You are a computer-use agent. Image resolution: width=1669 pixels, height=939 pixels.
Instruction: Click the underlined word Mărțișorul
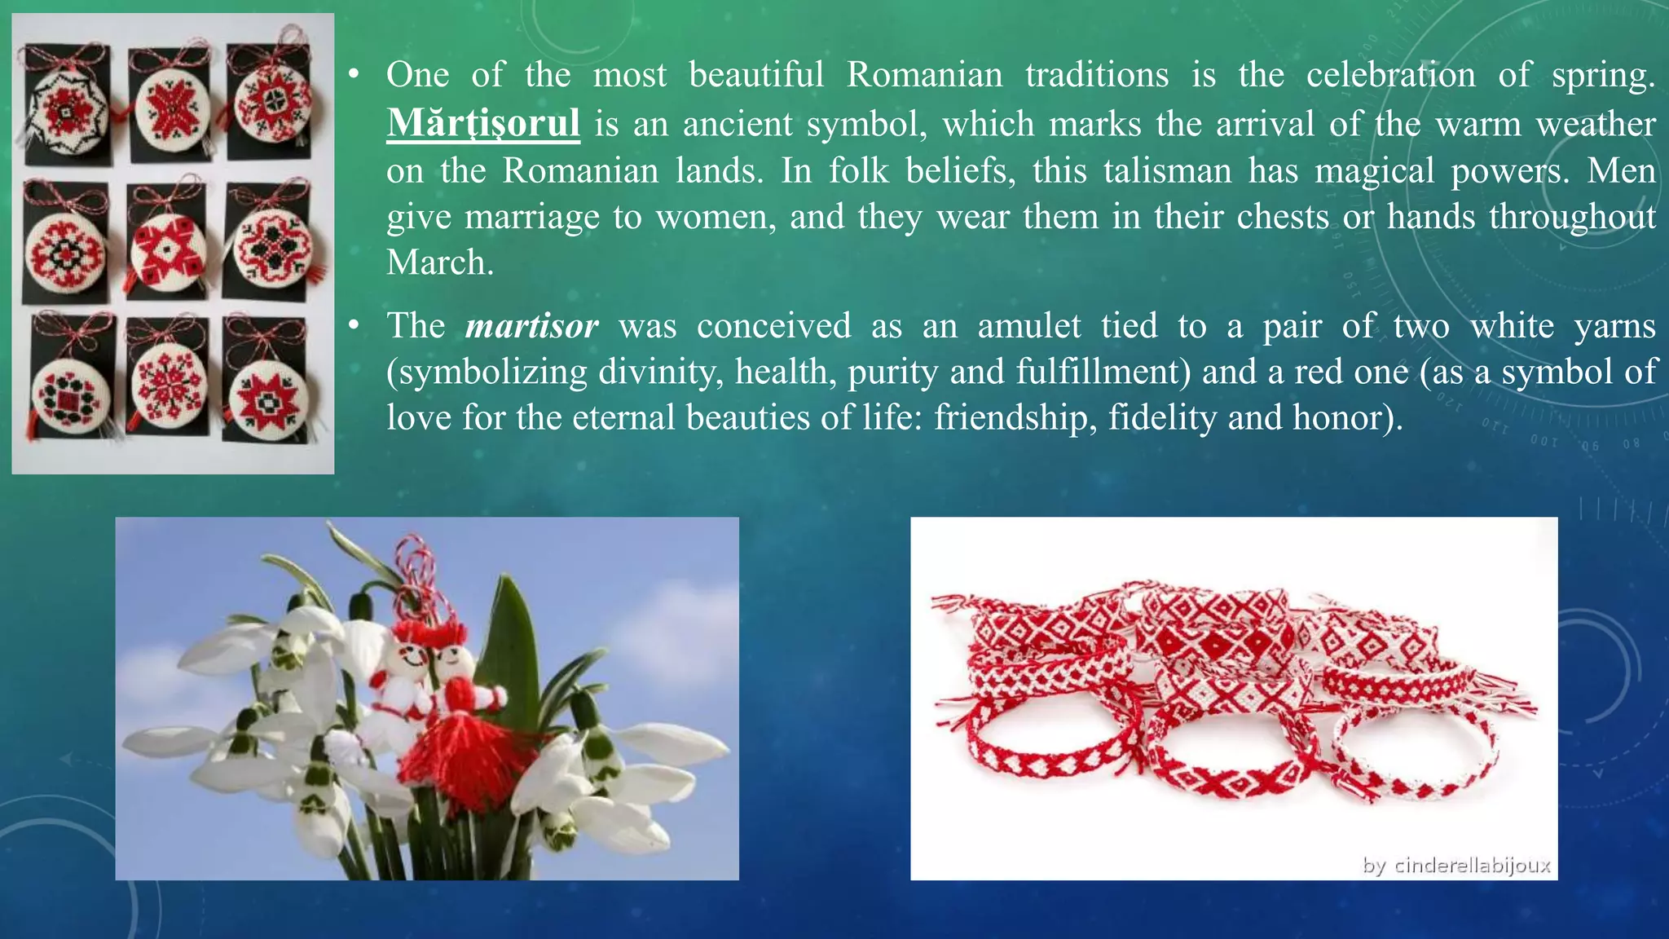[x=483, y=124]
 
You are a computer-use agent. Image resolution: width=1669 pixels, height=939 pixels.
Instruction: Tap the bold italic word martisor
[x=532, y=326]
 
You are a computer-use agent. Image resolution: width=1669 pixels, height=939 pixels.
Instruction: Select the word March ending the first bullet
[x=440, y=262]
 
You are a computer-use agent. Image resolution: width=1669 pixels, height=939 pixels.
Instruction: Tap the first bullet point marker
[x=353, y=76]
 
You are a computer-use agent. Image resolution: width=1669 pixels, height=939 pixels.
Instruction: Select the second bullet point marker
[x=353, y=326]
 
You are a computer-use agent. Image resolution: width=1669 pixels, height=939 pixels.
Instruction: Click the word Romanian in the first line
[x=924, y=75]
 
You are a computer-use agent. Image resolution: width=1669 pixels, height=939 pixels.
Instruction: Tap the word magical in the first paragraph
[x=1374, y=171]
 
